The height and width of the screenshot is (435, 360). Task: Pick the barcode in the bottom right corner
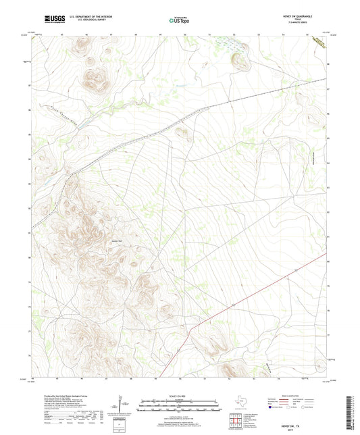pos(351,413)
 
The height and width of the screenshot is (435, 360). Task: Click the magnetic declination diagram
pos(122,405)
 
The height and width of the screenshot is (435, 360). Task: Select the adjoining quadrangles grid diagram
pos(234,421)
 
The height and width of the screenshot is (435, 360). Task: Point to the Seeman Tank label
pos(115,238)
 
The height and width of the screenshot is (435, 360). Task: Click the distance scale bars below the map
pos(180,406)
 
